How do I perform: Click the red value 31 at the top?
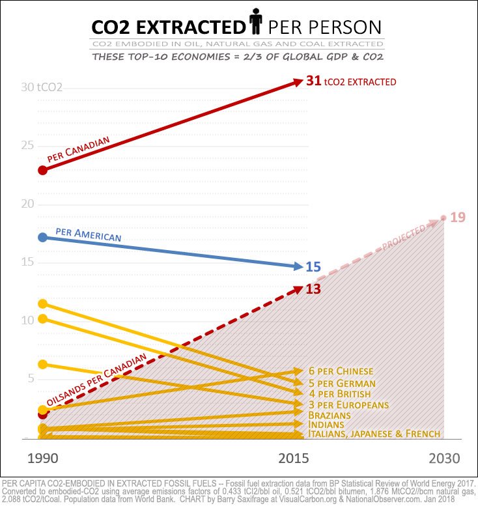[x=314, y=81]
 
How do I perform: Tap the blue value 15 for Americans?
[x=313, y=266]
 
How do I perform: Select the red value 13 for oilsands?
[x=313, y=289]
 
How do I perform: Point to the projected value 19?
[x=458, y=217]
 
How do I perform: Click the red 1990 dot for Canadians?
[x=43, y=170]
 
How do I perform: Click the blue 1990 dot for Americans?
[x=43, y=237]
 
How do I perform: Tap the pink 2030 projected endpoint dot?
[x=443, y=218]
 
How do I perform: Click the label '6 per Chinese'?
[x=341, y=371]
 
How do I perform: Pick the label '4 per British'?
[x=339, y=394]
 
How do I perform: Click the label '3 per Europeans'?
[x=348, y=405]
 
